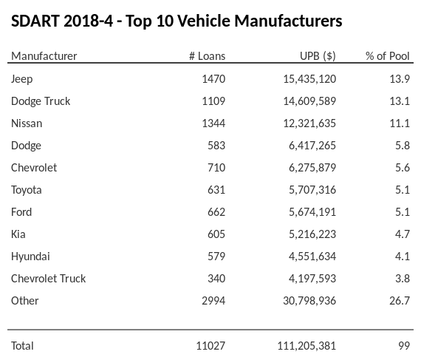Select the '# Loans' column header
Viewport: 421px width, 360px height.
click(x=207, y=56)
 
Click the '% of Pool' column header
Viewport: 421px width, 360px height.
click(x=387, y=56)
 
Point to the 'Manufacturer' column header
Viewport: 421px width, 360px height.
click(x=44, y=56)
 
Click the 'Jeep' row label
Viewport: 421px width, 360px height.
click(x=22, y=78)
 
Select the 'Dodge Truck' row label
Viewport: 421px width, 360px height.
click(x=41, y=101)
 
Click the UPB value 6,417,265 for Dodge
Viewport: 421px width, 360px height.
click(x=312, y=145)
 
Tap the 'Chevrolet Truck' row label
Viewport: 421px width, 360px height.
click(x=49, y=278)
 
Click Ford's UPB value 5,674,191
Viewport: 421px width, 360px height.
click(x=312, y=211)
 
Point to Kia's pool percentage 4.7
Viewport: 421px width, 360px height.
click(x=402, y=234)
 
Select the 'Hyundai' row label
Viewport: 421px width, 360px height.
click(x=31, y=256)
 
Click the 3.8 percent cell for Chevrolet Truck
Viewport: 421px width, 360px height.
click(x=402, y=278)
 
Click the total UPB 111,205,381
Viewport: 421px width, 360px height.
click(x=306, y=345)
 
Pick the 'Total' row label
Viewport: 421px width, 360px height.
click(x=23, y=345)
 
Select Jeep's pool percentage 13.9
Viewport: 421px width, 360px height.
click(x=399, y=78)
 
